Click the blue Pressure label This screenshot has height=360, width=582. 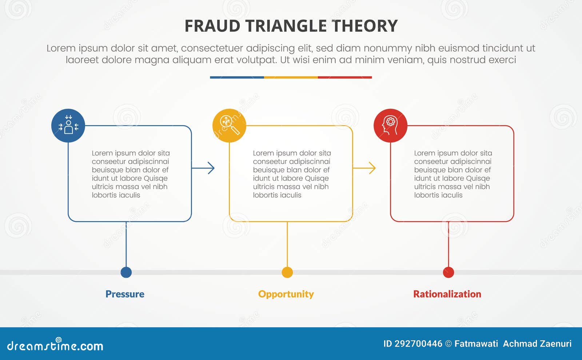pos(125,294)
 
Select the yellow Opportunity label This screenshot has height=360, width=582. pos(286,294)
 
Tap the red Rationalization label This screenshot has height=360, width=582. pos(447,294)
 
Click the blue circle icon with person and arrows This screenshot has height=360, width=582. pos(68,126)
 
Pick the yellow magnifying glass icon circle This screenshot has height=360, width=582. pos(229,126)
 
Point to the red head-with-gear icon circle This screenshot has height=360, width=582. pos(390,126)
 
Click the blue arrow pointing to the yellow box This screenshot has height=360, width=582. pos(203,168)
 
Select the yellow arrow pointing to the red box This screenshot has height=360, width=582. pos(364,168)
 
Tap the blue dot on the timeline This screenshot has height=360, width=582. pos(126,272)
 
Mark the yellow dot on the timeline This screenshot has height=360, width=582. pos(287,272)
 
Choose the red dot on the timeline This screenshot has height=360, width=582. pos(449,272)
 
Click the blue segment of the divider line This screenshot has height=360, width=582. pos(237,77)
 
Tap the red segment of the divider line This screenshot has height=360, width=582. pos(345,77)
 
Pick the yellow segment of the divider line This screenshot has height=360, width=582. pos(291,77)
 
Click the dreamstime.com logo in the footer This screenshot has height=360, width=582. pos(55,345)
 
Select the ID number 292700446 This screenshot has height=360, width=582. pos(418,344)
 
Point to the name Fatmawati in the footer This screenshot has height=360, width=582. pos(476,344)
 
